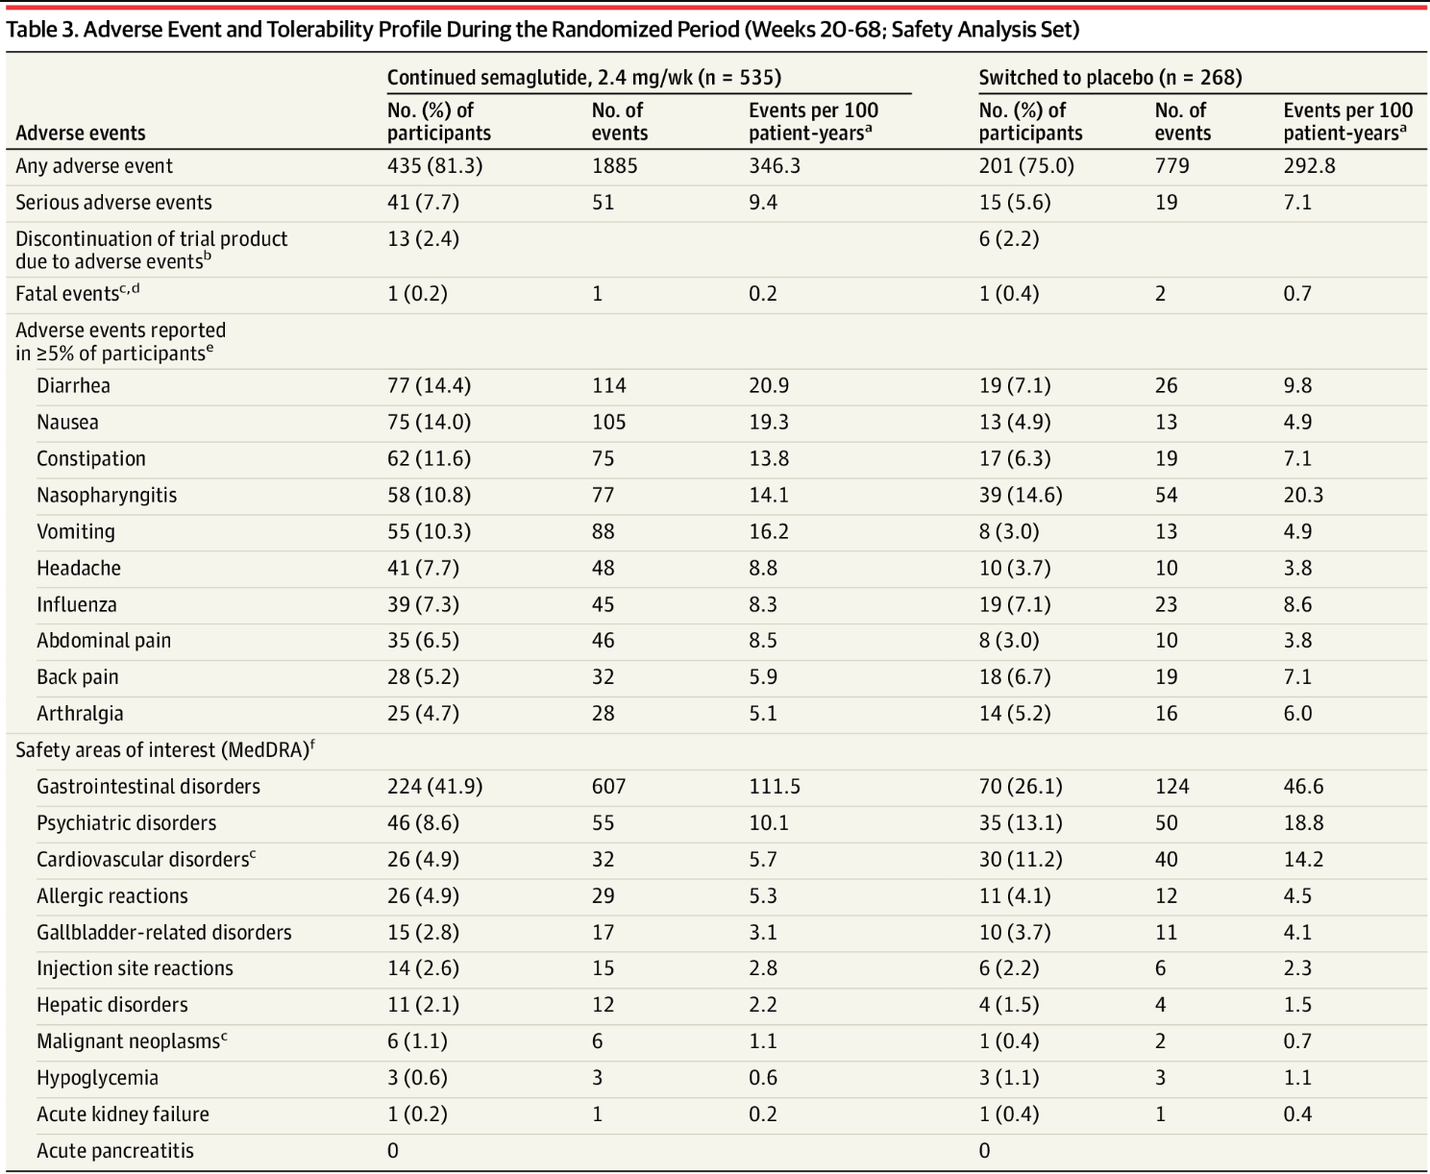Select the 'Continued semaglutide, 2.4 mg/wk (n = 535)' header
[583, 78]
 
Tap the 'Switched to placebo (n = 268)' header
[1110, 78]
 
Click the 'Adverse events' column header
[80, 133]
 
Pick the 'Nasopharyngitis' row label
[107, 495]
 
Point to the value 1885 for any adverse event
[614, 166]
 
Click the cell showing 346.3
[775, 166]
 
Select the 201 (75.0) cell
[1025, 166]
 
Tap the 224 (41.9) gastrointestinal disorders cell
[434, 786]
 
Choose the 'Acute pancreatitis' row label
[114, 1150]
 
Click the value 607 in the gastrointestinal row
[608, 786]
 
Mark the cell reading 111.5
[775, 786]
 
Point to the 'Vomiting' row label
[76, 531]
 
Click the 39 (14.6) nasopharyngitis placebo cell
[1020, 495]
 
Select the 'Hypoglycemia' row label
[97, 1078]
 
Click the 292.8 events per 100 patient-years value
[1309, 166]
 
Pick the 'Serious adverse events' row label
[113, 203]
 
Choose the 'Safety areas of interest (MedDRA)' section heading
[164, 749]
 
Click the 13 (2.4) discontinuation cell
[423, 239]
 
